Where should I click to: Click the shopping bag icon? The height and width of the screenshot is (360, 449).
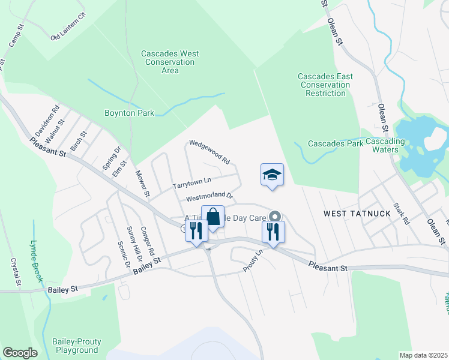(x=212, y=216)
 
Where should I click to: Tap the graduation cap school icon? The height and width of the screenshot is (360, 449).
(x=272, y=175)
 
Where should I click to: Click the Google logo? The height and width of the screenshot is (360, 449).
(x=20, y=353)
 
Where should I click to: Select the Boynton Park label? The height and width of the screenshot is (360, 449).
(x=129, y=113)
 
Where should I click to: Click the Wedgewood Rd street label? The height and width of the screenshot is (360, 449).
(x=209, y=152)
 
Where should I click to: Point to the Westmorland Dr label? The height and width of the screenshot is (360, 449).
(x=209, y=196)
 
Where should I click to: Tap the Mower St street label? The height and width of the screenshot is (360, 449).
(x=142, y=184)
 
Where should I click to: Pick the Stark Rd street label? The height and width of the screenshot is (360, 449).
(x=401, y=214)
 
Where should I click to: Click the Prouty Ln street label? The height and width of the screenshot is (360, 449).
(x=253, y=262)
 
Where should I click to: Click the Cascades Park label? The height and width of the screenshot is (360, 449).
(x=336, y=143)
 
